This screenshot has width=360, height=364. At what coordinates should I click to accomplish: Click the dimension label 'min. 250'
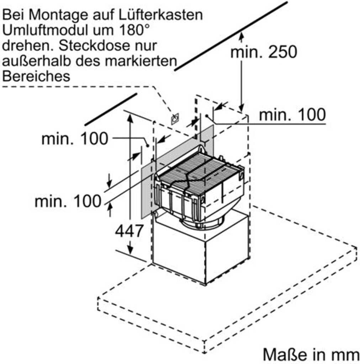[263, 52]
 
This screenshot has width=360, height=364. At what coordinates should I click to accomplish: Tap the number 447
[129, 231]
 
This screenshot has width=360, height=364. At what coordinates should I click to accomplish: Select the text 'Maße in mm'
[311, 354]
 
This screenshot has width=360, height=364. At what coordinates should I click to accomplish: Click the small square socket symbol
[175, 119]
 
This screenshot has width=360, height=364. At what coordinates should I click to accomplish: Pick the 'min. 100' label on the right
[292, 115]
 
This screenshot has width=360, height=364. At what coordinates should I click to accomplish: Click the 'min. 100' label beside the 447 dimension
[68, 202]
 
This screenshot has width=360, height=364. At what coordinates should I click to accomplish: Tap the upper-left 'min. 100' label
[74, 139]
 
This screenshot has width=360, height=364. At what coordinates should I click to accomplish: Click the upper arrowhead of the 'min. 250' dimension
[242, 35]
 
